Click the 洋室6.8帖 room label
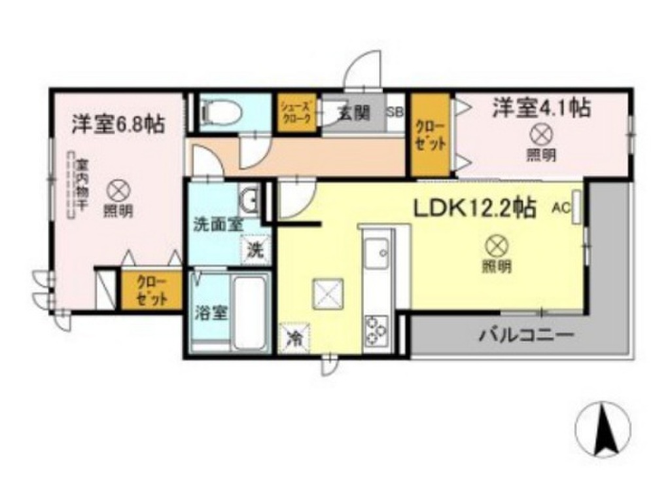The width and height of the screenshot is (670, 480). click(x=118, y=124)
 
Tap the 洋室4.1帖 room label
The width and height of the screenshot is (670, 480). click(x=541, y=108)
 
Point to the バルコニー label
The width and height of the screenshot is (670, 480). click(x=527, y=337)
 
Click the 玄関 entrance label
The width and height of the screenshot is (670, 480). click(x=353, y=113)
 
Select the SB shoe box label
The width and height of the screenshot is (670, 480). click(x=395, y=111)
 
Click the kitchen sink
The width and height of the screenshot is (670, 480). click(x=377, y=253)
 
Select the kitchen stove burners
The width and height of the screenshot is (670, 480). click(x=377, y=330)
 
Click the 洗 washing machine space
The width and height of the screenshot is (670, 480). click(x=256, y=249)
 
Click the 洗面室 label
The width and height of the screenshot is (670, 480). click(x=217, y=224)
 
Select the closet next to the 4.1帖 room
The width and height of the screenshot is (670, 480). click(x=430, y=136)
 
